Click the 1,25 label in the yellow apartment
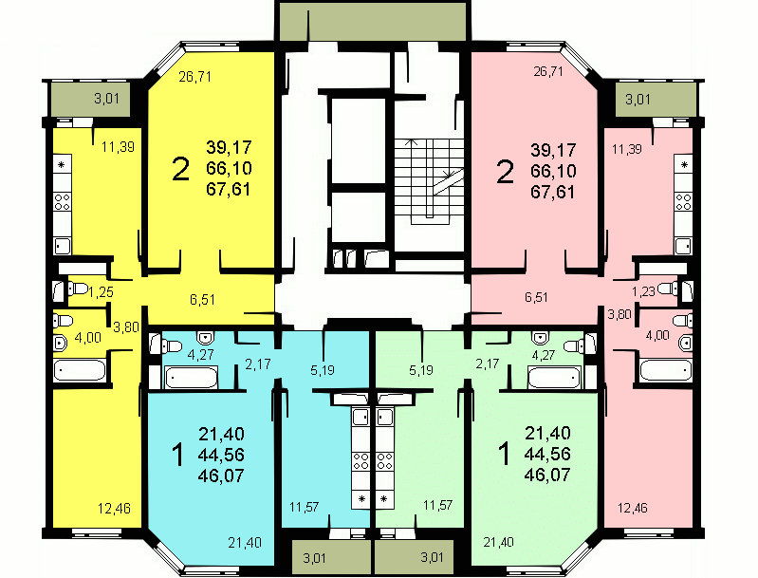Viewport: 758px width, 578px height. (x=102, y=291)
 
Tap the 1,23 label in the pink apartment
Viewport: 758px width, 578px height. (x=644, y=291)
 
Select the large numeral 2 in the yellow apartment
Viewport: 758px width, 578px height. (x=181, y=169)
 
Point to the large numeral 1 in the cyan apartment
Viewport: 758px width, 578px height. (x=178, y=456)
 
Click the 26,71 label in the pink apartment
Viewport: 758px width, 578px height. (x=548, y=71)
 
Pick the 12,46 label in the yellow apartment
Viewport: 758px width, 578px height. (x=114, y=509)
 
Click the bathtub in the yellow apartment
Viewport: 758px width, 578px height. (x=80, y=371)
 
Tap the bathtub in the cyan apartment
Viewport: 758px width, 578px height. (x=192, y=378)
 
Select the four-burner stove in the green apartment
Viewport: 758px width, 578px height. (x=385, y=460)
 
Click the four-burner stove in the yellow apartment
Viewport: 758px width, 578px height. (x=63, y=201)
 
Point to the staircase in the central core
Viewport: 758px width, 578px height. (x=429, y=181)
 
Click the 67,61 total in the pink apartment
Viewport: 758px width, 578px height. (x=553, y=192)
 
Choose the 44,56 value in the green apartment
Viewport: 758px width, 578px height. (x=547, y=454)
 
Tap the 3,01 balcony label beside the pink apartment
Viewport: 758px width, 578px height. (x=638, y=100)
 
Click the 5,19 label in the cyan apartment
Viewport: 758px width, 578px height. (x=323, y=370)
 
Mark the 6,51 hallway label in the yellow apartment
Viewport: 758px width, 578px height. (x=203, y=300)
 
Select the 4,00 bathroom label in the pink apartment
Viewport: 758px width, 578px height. (x=657, y=335)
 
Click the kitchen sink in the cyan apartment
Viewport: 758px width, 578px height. (x=361, y=417)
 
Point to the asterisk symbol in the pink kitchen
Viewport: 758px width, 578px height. (x=684, y=165)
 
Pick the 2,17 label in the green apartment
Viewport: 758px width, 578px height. (x=487, y=364)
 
